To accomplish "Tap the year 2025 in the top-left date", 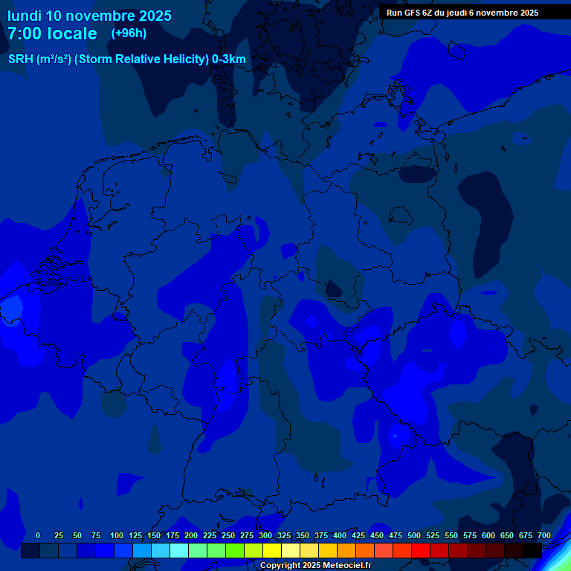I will pos(150,16).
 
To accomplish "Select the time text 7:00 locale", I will pos(52,33).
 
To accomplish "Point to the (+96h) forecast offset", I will pos(129,33).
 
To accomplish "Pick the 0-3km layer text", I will pos(229,59).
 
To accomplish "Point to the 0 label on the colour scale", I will pos(38,535).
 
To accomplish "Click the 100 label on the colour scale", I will pos(117,535).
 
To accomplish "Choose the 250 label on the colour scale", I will pos(228,535).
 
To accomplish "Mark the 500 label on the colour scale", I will pos(414,535).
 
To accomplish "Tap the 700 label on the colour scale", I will pos(544,535).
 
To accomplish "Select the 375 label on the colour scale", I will pos(321,535).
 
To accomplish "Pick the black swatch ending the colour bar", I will pos(532,550).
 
